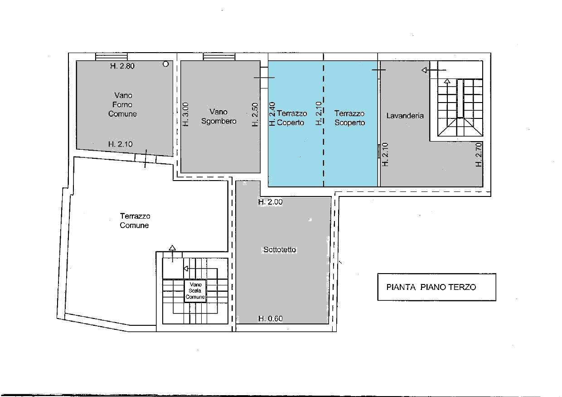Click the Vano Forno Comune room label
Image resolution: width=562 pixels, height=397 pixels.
[122, 104]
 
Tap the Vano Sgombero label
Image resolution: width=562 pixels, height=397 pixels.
[218, 116]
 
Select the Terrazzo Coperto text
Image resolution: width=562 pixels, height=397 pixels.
[291, 118]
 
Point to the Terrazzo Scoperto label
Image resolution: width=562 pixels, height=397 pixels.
[349, 118]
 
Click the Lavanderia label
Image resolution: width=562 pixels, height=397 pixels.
[405, 116]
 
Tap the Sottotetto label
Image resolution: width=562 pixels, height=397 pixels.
[280, 250]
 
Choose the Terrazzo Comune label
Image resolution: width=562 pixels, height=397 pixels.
[135, 221]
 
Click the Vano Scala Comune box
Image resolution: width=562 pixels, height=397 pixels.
[195, 290]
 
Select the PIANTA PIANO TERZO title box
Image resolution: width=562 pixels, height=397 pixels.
[436, 287]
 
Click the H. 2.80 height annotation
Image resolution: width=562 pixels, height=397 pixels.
[122, 66]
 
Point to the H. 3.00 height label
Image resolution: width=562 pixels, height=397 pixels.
[185, 114]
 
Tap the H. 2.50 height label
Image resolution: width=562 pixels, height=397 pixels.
[255, 114]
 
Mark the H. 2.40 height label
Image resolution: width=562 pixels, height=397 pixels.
[272, 114]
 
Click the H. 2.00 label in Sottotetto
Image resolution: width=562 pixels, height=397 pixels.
[270, 202]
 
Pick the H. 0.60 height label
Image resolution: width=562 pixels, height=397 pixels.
[270, 319]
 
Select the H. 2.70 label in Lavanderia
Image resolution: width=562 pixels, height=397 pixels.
[479, 155]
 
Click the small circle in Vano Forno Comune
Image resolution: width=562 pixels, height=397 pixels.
[165, 64]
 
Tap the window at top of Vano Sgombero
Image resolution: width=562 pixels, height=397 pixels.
[219, 57]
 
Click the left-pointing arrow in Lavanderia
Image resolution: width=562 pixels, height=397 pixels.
[434, 70]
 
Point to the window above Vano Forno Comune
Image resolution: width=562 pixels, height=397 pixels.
[111, 57]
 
